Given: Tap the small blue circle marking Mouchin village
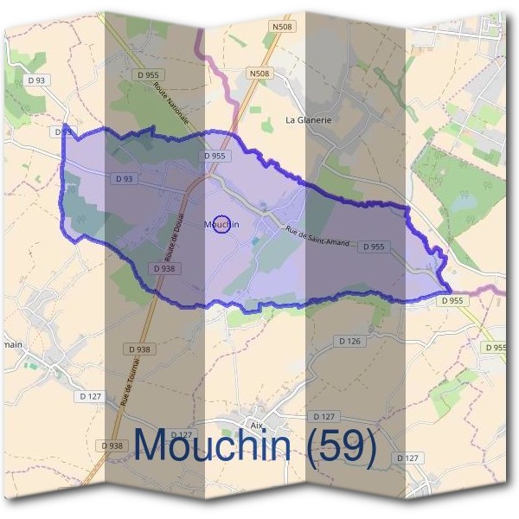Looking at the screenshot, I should [221, 224].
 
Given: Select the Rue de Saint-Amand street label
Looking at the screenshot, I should [317, 236].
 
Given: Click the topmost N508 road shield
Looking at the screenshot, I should [281, 28].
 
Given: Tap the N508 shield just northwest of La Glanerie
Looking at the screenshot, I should [259, 74].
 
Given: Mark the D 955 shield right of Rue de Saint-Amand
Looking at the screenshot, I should [373, 247].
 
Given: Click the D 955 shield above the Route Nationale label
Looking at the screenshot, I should [150, 75].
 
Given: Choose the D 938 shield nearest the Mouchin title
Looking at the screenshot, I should [112, 445].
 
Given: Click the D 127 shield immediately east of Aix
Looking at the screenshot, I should [324, 416].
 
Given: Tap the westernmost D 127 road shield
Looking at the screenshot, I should [90, 395].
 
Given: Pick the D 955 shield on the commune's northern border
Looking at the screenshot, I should [215, 156].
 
